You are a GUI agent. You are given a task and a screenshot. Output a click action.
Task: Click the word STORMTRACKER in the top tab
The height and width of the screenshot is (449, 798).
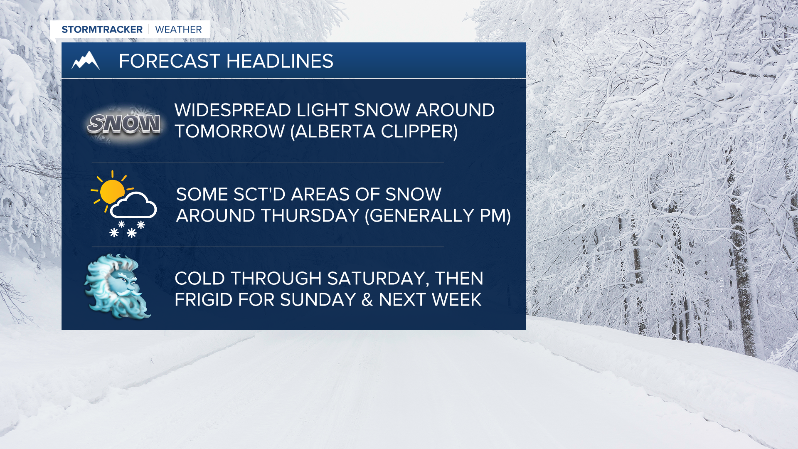click(102, 30)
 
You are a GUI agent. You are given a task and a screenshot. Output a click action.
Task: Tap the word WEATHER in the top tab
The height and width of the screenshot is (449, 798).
click(178, 30)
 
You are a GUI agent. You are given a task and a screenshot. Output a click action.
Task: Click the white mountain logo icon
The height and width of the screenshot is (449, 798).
click(86, 61)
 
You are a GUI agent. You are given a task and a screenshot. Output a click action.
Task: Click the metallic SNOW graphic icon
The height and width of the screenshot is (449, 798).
click(124, 124)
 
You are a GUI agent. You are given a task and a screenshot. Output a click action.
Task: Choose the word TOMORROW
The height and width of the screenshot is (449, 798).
click(230, 131)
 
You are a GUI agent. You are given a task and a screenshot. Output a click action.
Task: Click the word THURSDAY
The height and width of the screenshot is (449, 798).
click(310, 216)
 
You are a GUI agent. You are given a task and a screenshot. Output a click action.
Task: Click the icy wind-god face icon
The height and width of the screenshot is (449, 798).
click(118, 286)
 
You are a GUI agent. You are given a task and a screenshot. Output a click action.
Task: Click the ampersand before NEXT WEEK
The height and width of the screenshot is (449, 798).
click(367, 300)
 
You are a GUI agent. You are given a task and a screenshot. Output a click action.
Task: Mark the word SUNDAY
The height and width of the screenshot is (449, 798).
click(318, 300)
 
